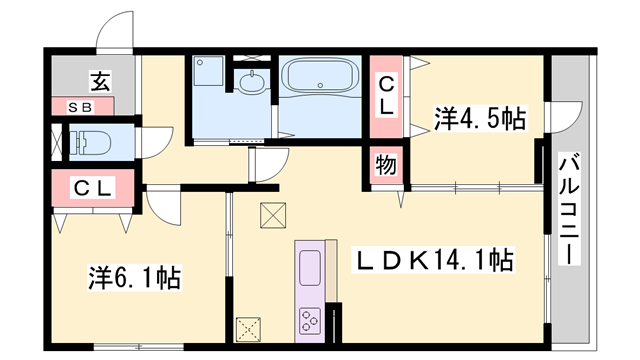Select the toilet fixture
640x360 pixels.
[89, 141]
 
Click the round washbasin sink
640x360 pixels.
[251, 85]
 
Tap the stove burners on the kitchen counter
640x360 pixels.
[309, 320]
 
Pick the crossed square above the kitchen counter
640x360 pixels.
[272, 213]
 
